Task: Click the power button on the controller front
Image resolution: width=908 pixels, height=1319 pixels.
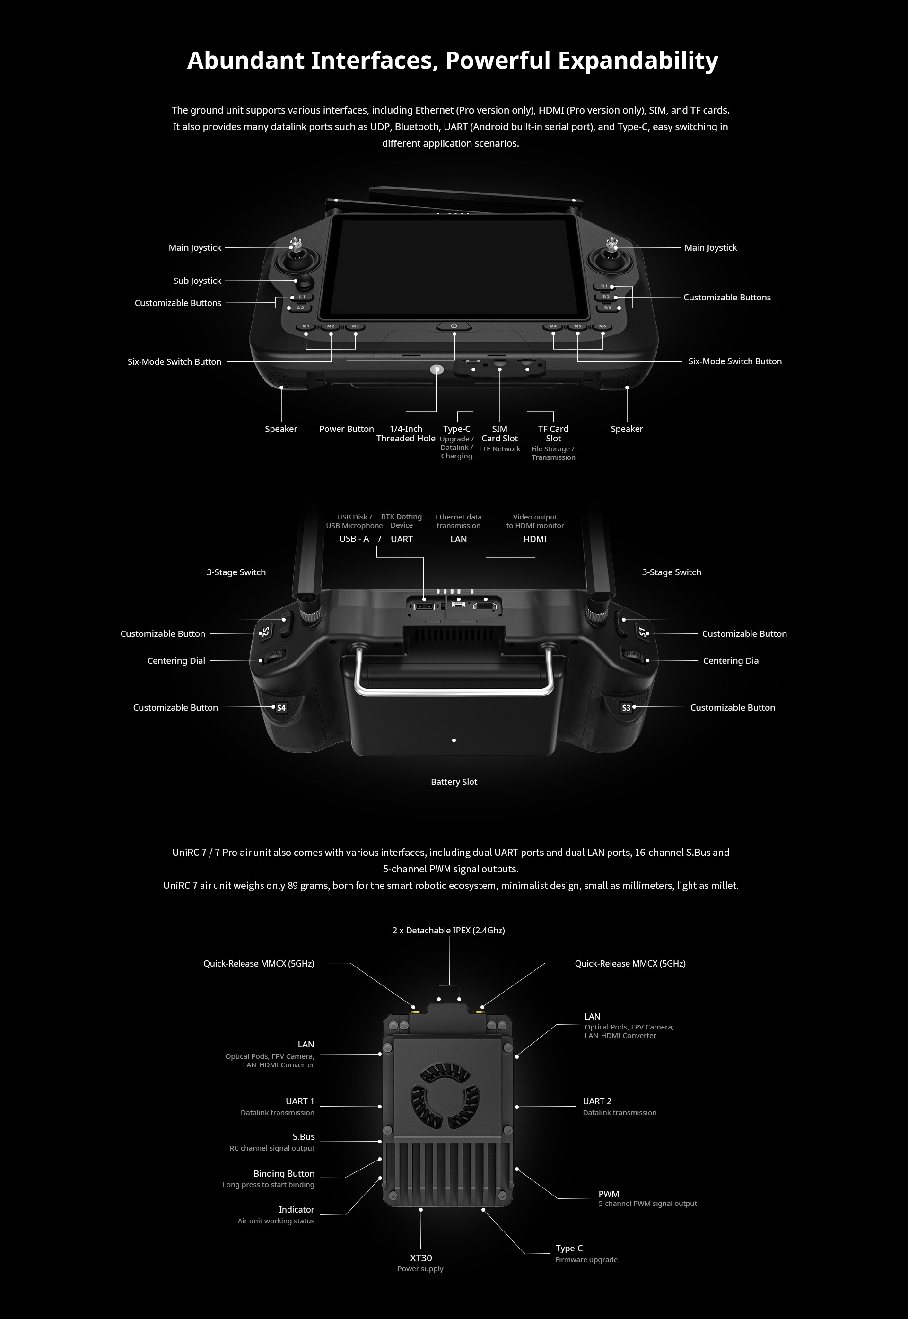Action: click(454, 326)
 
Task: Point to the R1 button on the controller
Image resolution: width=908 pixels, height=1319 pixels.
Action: click(605, 286)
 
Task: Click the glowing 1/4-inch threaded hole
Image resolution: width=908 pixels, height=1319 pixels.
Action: click(437, 369)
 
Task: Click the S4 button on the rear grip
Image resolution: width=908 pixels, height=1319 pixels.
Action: click(281, 708)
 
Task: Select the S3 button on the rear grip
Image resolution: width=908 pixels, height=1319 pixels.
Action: click(627, 708)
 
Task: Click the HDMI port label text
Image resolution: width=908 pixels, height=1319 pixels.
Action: click(535, 539)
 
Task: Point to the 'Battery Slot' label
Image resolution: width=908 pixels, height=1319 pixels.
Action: click(454, 782)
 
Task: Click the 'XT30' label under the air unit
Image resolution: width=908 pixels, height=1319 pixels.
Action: click(421, 1258)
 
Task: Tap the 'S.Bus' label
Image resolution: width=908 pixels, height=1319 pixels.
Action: click(303, 1136)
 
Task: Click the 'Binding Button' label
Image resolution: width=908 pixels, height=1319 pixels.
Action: click(284, 1173)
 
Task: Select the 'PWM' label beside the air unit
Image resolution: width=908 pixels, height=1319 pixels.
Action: click(609, 1194)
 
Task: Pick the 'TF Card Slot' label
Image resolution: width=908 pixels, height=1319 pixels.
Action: click(553, 434)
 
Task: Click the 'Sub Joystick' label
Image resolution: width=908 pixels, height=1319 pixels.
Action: click(197, 281)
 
